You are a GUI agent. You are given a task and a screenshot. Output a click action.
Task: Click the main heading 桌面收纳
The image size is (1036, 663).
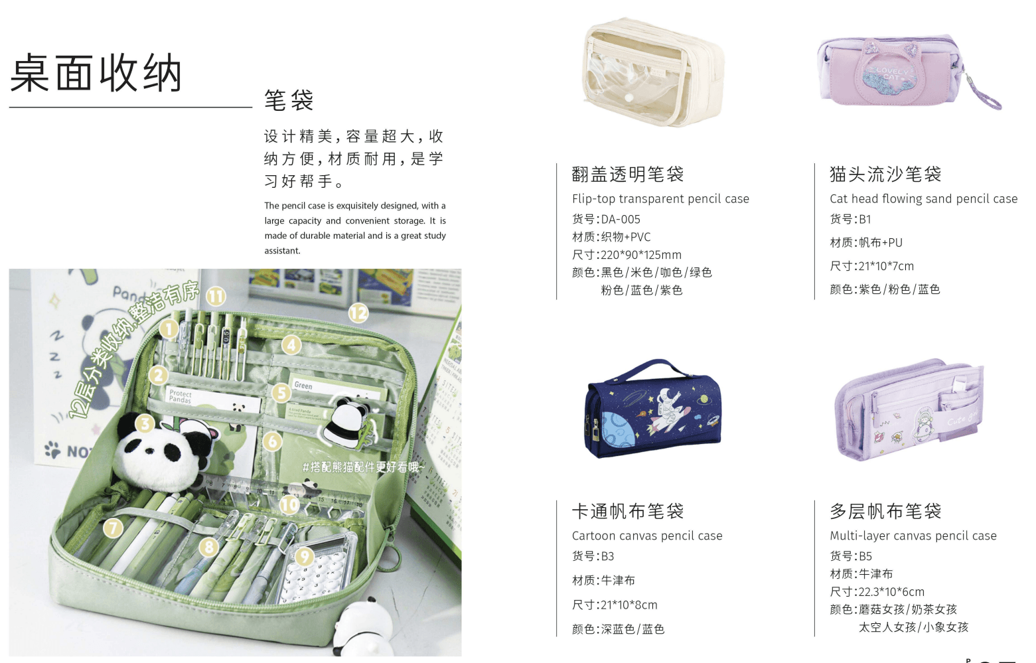[x=96, y=73]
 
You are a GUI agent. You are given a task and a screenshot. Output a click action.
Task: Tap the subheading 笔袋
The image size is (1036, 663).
[x=289, y=101]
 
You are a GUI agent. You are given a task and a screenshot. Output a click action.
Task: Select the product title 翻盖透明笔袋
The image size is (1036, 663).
[x=628, y=175]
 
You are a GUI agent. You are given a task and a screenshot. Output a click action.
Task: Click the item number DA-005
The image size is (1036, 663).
[x=621, y=219]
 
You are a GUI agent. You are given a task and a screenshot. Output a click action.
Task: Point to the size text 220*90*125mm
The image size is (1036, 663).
[x=641, y=255]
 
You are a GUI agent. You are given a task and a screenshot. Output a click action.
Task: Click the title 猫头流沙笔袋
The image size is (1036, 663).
[x=885, y=175]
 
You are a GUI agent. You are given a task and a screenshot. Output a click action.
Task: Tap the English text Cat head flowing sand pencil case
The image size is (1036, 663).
[x=923, y=198]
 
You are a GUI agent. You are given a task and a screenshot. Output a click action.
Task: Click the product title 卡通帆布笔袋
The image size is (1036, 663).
[x=628, y=512]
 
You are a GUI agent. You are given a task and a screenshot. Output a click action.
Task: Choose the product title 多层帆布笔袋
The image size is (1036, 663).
[x=885, y=512]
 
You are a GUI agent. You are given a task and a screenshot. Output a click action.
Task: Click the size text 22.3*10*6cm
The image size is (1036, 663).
[x=891, y=592]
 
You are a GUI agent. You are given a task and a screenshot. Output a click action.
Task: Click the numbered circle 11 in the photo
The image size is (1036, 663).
[x=216, y=296]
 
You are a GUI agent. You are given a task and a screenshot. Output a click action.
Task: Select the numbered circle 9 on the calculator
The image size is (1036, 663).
[x=304, y=556]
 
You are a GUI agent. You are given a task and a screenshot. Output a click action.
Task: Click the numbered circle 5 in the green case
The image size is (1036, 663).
[x=281, y=393]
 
